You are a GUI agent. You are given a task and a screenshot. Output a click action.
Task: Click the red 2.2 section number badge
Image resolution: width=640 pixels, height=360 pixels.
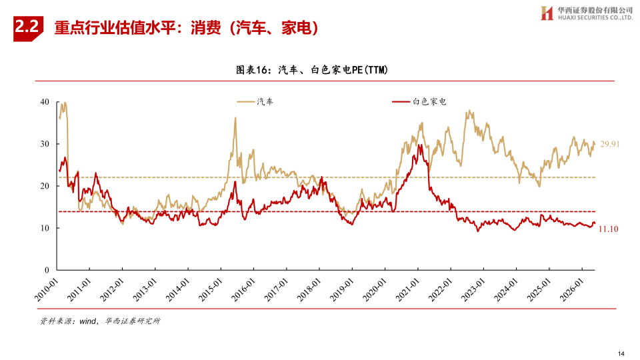coord(28,28)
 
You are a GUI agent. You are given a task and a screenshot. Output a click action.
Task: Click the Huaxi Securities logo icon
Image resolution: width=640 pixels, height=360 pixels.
coord(547,13)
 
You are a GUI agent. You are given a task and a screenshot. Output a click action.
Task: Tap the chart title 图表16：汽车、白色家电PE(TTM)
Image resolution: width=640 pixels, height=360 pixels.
coord(312,70)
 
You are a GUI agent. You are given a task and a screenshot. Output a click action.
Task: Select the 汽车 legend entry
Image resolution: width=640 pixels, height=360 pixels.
coord(255,101)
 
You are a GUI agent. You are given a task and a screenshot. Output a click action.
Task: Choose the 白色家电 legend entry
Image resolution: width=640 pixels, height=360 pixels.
coord(419,101)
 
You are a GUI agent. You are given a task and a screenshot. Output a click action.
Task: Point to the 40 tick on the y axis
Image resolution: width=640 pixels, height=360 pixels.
coord(45,102)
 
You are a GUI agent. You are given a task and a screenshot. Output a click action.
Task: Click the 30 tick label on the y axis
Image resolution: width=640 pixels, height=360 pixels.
coord(45,144)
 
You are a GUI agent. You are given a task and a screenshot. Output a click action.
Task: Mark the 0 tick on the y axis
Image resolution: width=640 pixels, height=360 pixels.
coord(47,270)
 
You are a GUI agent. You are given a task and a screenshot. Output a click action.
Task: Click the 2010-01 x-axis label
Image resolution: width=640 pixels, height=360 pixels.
coord(46,290)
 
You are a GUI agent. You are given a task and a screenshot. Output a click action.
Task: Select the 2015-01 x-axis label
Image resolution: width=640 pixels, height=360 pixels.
coord(210,290)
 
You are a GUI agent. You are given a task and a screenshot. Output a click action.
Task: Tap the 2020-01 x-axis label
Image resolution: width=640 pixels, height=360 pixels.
coord(374,290)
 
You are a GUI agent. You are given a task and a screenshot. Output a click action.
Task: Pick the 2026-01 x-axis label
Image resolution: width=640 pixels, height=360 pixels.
coord(571,290)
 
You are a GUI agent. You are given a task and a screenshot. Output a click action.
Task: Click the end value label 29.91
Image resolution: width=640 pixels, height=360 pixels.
coord(610,144)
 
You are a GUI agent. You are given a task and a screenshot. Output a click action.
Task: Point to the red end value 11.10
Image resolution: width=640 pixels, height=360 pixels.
coord(608,229)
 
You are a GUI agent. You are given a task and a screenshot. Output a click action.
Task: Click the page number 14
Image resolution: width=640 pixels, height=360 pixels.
coord(621,353)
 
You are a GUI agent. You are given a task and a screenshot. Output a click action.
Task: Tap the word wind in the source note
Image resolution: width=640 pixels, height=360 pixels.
coord(88,321)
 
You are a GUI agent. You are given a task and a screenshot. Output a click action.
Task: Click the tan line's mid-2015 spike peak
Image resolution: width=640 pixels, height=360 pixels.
coord(235,117)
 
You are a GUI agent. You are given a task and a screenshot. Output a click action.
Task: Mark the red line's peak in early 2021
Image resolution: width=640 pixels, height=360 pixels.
coord(419,145)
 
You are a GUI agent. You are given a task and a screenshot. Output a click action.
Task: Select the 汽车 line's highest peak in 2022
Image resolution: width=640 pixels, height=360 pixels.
coord(470,110)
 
